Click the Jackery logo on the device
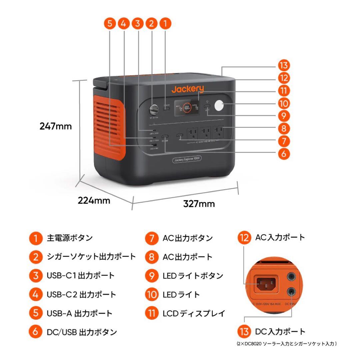pos(187,89)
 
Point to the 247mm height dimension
pos(56,126)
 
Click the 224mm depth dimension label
pos(94,200)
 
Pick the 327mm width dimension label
pos(199,204)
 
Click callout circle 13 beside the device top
pos(284,65)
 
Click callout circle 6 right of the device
pos(284,154)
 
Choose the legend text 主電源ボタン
pos(70,238)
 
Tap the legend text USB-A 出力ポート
pos(79,313)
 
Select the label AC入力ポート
pos(280,237)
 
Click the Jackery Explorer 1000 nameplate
pos(187,160)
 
